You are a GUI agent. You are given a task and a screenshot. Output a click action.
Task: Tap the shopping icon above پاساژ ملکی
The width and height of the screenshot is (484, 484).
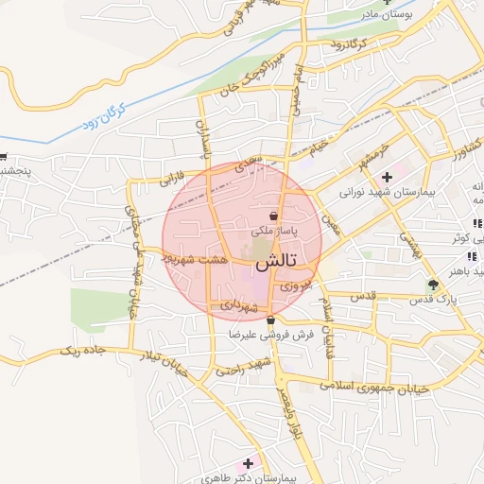click(272, 216)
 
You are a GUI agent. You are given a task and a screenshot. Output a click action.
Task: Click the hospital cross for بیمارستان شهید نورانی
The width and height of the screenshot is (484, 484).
click(387, 177)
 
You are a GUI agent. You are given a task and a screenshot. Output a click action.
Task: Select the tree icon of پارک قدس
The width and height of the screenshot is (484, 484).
click(433, 285)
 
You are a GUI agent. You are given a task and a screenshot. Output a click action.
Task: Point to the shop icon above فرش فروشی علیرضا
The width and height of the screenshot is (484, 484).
click(270, 321)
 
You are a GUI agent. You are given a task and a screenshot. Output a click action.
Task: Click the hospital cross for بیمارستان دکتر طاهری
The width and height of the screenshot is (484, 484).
click(249, 463)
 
